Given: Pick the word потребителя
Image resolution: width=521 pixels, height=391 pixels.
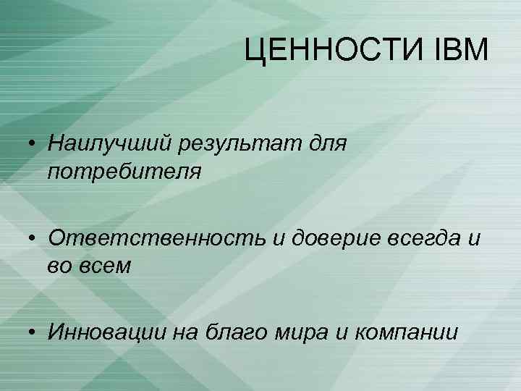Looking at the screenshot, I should [121, 172].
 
